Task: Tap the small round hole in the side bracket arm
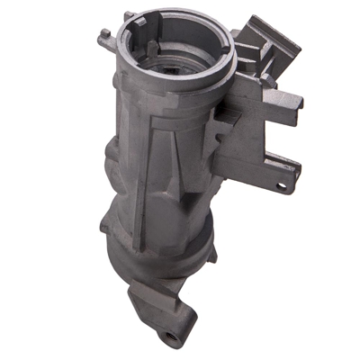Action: [281, 185]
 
